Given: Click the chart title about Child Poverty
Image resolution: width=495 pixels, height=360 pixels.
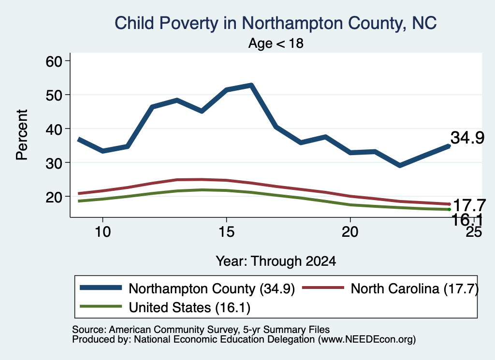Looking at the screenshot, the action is (x=275, y=23).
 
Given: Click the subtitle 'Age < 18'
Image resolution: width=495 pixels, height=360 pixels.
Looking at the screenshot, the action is (x=276, y=43).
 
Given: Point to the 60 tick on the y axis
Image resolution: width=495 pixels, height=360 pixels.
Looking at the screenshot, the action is (x=54, y=61).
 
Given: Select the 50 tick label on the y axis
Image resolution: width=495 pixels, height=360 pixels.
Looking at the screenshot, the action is (x=54, y=95).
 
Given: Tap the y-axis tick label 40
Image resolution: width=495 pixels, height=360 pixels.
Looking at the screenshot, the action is (x=54, y=129).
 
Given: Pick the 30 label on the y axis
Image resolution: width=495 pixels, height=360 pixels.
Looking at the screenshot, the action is (x=54, y=162).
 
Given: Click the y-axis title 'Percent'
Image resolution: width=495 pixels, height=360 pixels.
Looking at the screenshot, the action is (x=22, y=135).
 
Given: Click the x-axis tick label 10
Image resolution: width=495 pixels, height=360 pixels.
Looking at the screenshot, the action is (x=102, y=232).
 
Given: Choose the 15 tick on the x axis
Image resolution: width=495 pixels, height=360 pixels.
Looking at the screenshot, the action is (x=226, y=232).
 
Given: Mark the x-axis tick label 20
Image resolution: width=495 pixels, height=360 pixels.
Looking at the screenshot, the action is (x=350, y=232).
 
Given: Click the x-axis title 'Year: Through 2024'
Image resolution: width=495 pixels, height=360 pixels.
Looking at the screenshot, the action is (x=276, y=261).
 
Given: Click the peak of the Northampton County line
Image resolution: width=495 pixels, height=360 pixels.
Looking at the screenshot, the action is (x=251, y=85).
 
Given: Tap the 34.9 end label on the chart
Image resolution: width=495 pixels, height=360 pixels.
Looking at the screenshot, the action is (x=467, y=138).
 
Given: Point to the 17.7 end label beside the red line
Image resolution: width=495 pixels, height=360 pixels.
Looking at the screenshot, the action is (x=469, y=206).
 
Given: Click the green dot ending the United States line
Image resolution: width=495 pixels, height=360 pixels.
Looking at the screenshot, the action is (x=449, y=210).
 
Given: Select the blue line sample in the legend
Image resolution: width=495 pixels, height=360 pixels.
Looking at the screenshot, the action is (x=101, y=288).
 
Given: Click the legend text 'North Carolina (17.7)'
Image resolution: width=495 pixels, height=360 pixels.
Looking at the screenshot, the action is (x=414, y=288).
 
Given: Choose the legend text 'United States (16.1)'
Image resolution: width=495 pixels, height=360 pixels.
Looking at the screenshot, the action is (x=189, y=307).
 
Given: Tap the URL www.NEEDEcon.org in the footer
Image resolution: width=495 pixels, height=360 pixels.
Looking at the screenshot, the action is (x=367, y=340).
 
